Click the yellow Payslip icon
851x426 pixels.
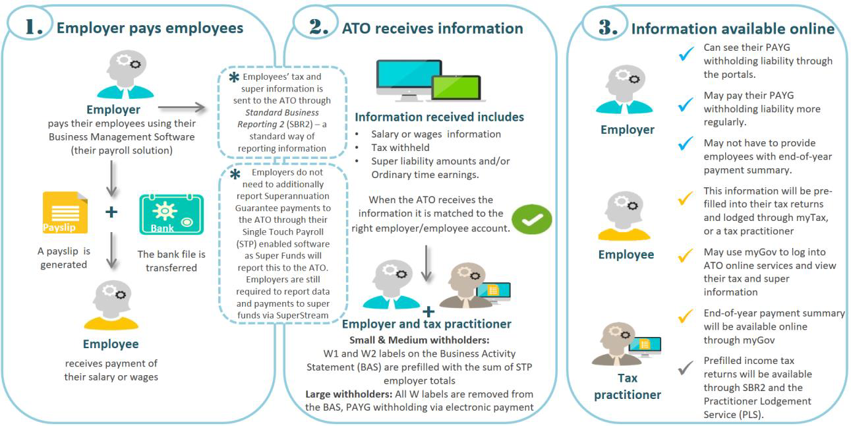coord(65,213)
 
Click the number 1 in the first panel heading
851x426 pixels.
coord(33,26)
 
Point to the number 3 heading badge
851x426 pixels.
coord(607,27)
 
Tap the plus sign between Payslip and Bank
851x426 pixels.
coord(111,212)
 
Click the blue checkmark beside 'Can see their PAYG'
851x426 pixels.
coord(686,55)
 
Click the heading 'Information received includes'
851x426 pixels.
coord(439,117)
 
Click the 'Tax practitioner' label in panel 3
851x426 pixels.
coord(627,386)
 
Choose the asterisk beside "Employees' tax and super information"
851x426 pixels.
coord(233,78)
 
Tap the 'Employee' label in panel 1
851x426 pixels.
coord(111,344)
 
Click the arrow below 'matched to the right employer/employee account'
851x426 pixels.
coord(427,262)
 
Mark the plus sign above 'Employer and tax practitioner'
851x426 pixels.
coord(428,311)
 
